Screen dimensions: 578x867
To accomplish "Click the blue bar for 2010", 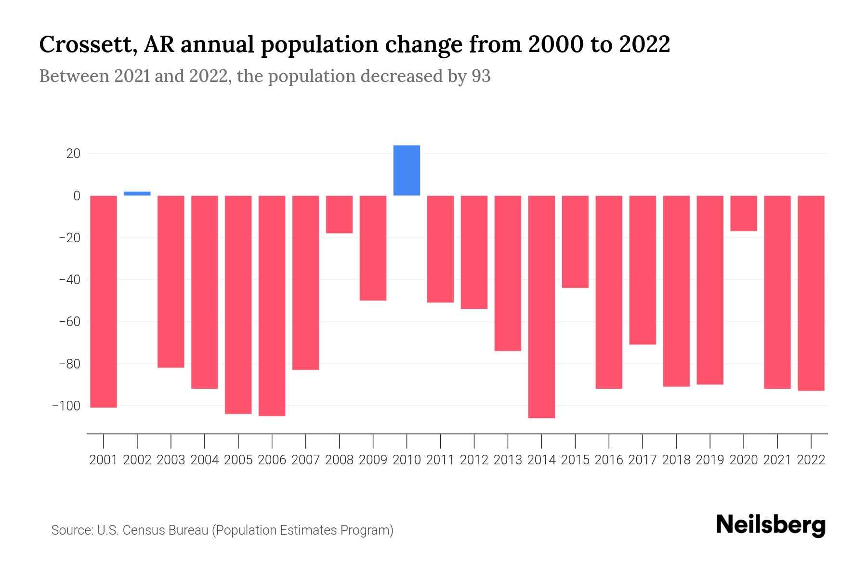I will coord(407,171).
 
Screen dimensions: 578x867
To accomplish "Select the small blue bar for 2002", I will coord(137,193).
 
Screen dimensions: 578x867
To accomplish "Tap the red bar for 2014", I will coord(541,306).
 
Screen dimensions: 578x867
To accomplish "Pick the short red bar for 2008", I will coord(339,214).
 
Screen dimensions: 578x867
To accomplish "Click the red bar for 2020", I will coord(743,213).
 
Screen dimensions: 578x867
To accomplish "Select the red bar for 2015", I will coord(575,242).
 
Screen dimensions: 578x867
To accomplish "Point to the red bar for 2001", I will coord(104,302).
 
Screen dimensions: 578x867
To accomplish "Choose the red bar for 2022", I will coord(811,293).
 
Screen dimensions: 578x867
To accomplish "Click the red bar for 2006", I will coord(272,305).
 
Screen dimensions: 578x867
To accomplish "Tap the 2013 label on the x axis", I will coord(508,460).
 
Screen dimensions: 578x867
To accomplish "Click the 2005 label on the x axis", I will coord(238,460).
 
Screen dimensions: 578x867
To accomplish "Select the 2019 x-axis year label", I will coord(710,460).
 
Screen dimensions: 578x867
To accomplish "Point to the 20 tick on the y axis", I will coord(73,154).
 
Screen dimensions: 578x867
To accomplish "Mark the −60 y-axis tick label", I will coord(69,322).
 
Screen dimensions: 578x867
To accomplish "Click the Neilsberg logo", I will coord(771,525).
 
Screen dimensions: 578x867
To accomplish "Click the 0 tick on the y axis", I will coord(77,196).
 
